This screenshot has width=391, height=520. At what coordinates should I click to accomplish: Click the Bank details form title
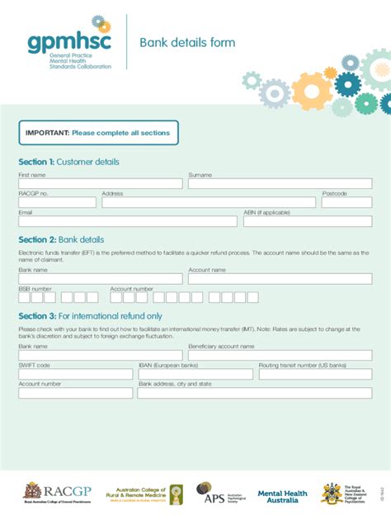(x=186, y=43)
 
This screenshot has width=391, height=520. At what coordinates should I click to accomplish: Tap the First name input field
(x=100, y=184)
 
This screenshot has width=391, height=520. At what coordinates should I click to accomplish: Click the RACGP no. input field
(x=57, y=202)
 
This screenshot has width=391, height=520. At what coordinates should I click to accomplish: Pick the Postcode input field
(x=352, y=202)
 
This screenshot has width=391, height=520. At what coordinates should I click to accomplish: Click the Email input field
(x=127, y=221)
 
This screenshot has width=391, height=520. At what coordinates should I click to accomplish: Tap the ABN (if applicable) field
(x=313, y=221)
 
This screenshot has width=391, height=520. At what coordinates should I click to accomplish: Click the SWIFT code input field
(x=75, y=374)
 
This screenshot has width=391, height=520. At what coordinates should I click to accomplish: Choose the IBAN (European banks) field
(x=195, y=374)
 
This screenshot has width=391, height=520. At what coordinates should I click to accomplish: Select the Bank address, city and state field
(x=255, y=393)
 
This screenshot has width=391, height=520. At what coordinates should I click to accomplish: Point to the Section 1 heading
(x=69, y=162)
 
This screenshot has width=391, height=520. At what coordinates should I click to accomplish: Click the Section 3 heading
(x=90, y=316)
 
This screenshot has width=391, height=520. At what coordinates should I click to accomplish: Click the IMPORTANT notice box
(x=98, y=133)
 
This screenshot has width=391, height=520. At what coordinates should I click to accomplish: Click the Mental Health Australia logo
(x=282, y=495)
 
